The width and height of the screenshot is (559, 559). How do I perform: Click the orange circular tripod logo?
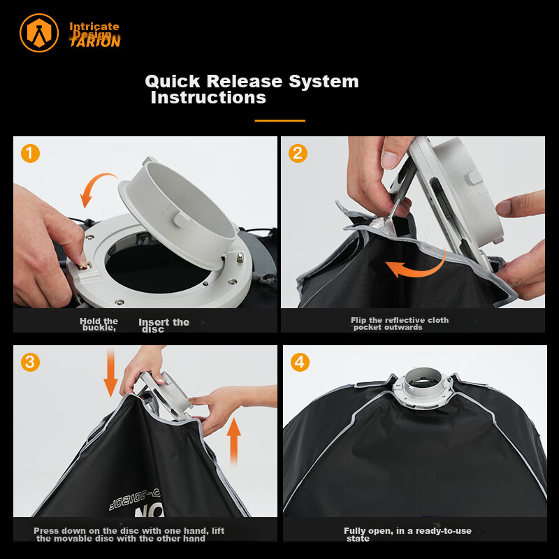coord(39,33)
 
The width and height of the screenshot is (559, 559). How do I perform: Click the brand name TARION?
coord(95,42)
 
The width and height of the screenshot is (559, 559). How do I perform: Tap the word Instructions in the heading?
coord(208,98)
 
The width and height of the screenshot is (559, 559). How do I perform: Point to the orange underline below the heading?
coord(279,121)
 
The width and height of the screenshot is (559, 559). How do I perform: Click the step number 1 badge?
coord(30,153)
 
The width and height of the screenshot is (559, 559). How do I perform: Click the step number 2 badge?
coord(298,153)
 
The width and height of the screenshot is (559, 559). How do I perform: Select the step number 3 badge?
coord(30,362)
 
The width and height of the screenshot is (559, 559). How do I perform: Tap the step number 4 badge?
coord(298,362)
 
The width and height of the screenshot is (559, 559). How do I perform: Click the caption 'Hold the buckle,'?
coord(99,324)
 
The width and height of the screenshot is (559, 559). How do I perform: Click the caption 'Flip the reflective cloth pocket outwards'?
coord(400,324)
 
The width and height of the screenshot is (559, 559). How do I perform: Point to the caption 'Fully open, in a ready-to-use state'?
coord(407,535)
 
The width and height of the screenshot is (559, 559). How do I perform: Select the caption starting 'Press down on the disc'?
coord(129,535)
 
